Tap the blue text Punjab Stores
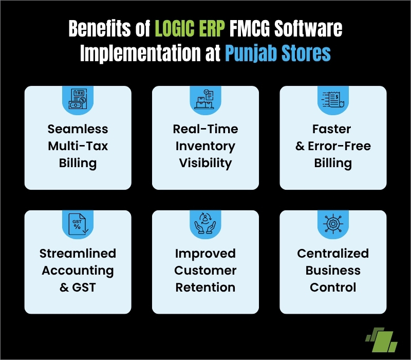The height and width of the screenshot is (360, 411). pyautogui.click(x=277, y=53)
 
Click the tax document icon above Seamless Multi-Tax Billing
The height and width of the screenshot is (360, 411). pyautogui.click(x=78, y=98)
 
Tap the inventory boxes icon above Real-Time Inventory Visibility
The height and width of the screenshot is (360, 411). pyautogui.click(x=205, y=98)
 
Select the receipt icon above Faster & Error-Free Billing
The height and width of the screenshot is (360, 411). pyautogui.click(x=332, y=98)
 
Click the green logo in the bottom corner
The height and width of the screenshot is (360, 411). pyautogui.click(x=381, y=338)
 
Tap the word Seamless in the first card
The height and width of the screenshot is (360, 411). pyautogui.click(x=78, y=129)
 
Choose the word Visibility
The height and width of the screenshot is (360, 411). pyautogui.click(x=206, y=163)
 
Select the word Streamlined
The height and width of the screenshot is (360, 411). pyautogui.click(x=78, y=254)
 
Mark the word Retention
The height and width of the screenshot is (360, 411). pyautogui.click(x=206, y=287)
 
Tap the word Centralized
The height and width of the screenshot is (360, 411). pyautogui.click(x=333, y=254)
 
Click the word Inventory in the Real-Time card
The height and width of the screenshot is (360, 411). pyautogui.click(x=206, y=146)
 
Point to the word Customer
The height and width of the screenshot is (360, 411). pyautogui.click(x=206, y=271)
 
